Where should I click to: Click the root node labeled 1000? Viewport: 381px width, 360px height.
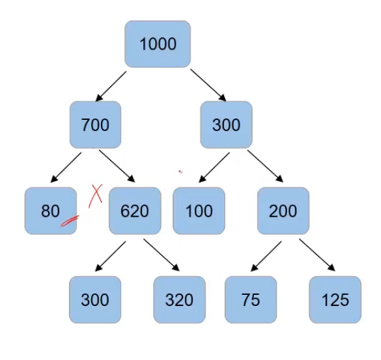tap(158, 44)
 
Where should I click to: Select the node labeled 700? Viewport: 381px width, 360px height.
tap(95, 124)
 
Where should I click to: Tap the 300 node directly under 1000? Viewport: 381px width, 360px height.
tap(226, 124)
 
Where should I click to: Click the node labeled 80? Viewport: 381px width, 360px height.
tap(50, 211)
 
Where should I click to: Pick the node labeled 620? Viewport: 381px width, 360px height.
tap(134, 211)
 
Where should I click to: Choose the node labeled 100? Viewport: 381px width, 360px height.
tap(199, 211)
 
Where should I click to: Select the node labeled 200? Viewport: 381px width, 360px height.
tap(283, 211)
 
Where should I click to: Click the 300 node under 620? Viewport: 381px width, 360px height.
tap(95, 299)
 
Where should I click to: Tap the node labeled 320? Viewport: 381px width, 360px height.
tap(179, 299)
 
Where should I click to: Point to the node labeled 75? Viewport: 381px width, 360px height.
tap(250, 299)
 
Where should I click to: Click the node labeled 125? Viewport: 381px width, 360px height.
tap(335, 299)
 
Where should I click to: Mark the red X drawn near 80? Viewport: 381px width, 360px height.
tap(97, 194)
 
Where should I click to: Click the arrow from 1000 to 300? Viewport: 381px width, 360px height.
tap(208, 85)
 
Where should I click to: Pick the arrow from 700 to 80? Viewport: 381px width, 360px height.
tap(66, 167)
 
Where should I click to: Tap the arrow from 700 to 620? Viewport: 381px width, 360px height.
tap(117, 167)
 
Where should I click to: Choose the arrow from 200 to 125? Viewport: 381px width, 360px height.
tap(317, 255)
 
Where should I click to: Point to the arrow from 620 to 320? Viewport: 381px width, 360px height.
tap(161, 255)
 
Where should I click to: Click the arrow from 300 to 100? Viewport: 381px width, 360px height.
tap(213, 167)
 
